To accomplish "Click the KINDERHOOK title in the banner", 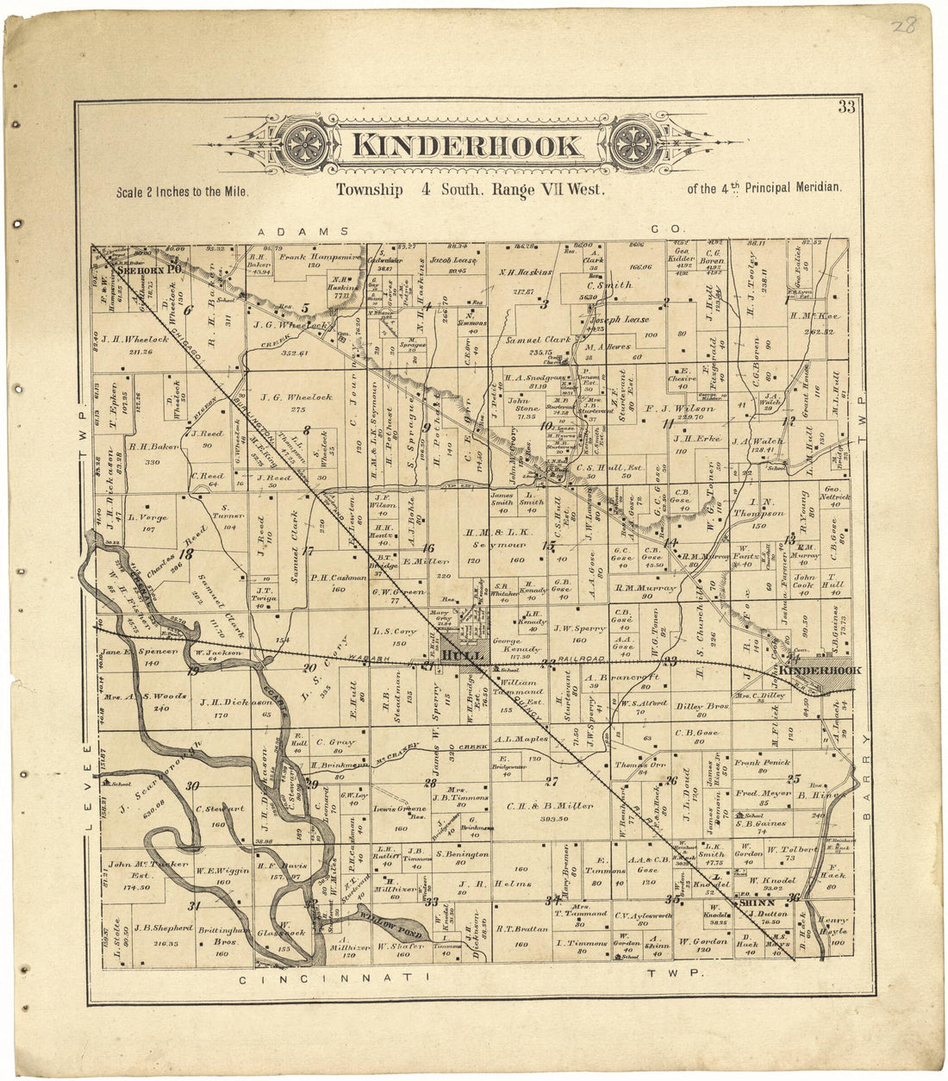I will tap(467, 145).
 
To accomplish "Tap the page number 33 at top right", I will tap(845, 107).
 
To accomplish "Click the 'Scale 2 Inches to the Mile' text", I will tap(182, 192).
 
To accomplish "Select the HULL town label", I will tap(454, 656).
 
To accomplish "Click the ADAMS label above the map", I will tap(303, 231).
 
